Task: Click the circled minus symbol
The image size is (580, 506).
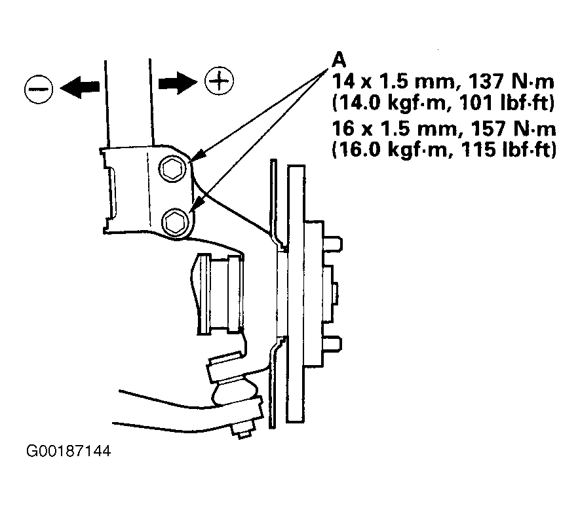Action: click(x=39, y=89)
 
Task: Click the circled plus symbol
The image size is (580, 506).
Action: click(x=219, y=81)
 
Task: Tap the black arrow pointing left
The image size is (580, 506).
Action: click(x=79, y=87)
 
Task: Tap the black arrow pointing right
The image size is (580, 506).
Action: click(x=178, y=83)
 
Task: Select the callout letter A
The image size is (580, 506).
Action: click(x=338, y=60)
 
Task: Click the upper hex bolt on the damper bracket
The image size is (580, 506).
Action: click(x=172, y=169)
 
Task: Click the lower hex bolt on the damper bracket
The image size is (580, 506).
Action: click(x=176, y=222)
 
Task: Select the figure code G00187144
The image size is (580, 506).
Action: click(x=68, y=451)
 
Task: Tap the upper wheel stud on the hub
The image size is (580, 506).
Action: click(x=332, y=244)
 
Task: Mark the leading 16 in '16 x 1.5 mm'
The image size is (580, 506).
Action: click(x=342, y=128)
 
